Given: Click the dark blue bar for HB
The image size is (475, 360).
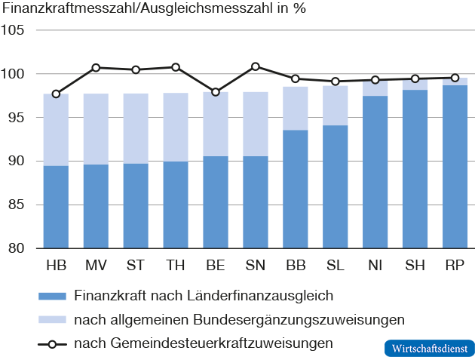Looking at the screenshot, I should click(56, 207).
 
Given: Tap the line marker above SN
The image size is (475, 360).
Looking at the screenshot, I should click(256, 66).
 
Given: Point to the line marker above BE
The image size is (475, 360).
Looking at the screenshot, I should click(216, 92).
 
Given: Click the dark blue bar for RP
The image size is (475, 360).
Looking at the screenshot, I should click(455, 167).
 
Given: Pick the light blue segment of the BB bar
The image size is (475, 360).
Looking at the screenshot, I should click(296, 109).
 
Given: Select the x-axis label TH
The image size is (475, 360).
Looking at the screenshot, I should click(176, 266).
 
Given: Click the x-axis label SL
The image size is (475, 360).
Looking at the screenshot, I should click(336, 266).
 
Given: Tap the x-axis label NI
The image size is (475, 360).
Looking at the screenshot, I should click(375, 266).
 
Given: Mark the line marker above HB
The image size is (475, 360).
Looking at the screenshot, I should click(56, 94).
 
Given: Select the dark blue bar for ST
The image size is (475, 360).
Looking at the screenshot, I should click(136, 206).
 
